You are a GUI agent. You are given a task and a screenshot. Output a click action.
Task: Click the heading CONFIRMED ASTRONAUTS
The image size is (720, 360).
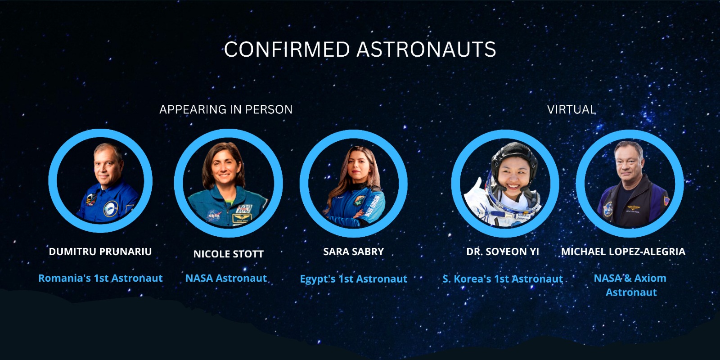click(360, 49)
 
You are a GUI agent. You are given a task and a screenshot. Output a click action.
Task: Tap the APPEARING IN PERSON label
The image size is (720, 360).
click(226, 110)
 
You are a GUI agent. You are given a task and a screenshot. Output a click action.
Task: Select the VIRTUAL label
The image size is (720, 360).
click(571, 110)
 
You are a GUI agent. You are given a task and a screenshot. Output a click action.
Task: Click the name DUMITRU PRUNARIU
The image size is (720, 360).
click(100, 252)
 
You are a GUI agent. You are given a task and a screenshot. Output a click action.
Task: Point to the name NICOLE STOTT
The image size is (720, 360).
click(229, 254)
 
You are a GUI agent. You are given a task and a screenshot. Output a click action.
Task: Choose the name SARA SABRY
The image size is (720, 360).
click(354, 252)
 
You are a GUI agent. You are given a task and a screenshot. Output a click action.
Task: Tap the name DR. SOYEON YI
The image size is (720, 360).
click(503, 252)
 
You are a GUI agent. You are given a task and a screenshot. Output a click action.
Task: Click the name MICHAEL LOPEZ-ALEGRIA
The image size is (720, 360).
click(623, 252)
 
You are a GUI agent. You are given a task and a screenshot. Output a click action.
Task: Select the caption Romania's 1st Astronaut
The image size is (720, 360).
click(101, 278)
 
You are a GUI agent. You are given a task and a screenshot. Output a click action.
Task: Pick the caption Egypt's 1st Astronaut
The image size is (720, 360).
click(354, 279)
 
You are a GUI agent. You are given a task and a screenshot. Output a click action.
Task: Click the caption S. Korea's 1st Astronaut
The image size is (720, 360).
click(503, 279)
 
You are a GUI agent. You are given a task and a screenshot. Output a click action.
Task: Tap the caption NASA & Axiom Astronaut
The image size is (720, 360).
click(630, 285)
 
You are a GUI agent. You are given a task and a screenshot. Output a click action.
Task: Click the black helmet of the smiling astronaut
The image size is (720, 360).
click(514, 161)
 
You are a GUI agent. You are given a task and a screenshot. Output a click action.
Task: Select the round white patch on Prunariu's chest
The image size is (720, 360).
click(111, 209)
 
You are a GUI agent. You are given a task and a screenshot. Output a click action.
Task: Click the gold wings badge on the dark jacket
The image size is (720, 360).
click(634, 207)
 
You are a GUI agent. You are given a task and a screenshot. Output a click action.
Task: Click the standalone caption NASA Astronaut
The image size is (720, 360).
click(226, 278)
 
